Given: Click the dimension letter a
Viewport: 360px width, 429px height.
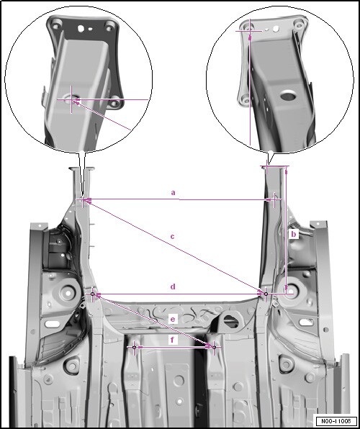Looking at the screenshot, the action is [x=173, y=193].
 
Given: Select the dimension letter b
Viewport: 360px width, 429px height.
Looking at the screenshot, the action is [x=294, y=234].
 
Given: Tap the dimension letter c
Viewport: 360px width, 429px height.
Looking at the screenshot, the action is [x=172, y=236].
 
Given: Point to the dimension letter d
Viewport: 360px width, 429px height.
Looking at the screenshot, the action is [x=173, y=286].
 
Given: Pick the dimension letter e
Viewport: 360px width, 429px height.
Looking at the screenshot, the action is [x=173, y=320].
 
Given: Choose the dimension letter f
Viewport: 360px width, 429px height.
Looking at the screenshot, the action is [x=172, y=340].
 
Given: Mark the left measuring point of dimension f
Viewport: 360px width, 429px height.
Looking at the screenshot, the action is [x=134, y=347].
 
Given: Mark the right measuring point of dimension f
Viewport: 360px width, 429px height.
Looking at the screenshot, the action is [x=214, y=347].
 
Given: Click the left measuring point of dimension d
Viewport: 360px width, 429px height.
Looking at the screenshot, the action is [x=92, y=294].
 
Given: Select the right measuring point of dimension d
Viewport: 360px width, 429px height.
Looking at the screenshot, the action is [x=266, y=294].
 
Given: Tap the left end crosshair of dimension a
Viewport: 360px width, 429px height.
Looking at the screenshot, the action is [x=82, y=199].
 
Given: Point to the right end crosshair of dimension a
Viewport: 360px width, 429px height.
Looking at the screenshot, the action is [x=274, y=200].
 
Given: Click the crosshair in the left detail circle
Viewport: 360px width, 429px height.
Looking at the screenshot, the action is [x=71, y=99].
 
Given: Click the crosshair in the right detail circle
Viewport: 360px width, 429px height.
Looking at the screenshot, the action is [x=250, y=31].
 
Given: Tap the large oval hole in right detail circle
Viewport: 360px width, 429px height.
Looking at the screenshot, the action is [x=288, y=96].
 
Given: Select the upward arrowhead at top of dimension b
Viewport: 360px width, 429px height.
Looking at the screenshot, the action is [x=287, y=171].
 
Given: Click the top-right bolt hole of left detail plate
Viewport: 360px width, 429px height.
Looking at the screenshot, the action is [x=109, y=27].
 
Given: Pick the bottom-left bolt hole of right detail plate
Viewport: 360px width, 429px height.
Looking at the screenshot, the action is [x=246, y=100].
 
